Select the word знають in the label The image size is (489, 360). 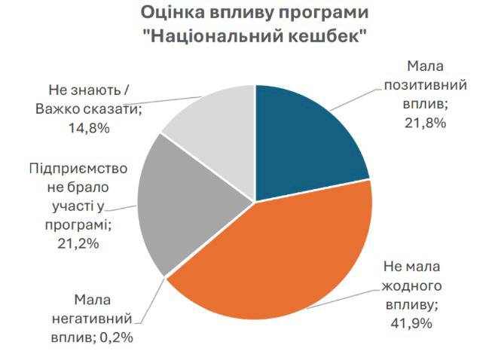click(94, 91)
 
